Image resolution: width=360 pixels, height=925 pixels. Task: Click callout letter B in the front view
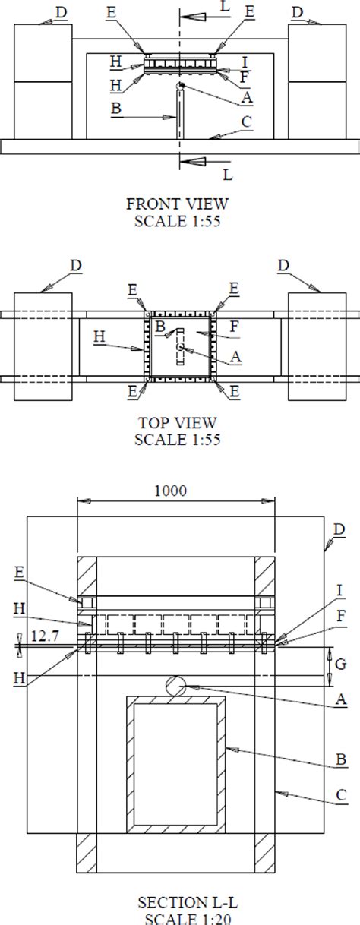coord(116,109)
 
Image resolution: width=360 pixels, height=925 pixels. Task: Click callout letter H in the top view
coord(99,334)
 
